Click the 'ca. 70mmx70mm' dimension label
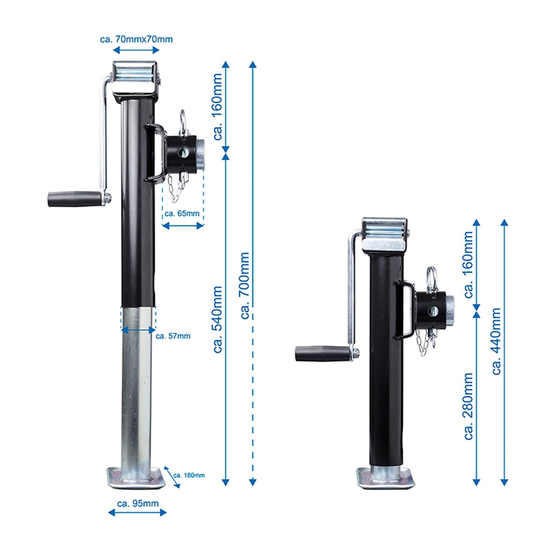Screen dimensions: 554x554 coord(136,39)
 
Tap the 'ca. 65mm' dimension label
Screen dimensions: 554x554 coord(182,214)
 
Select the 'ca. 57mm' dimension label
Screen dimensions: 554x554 coord(173,336)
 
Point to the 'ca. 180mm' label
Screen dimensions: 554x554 coord(189,475)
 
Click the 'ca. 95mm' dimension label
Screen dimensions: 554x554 coord(138,503)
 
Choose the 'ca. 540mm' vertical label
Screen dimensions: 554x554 coord(217,319)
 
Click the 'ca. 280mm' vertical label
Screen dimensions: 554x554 coord(468,406)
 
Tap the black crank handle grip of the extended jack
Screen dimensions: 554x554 coord(74,199)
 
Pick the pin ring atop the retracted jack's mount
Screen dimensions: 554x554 coord(432,275)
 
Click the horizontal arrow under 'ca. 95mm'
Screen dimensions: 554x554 coord(137,513)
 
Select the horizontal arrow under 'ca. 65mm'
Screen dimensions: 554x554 coord(182,226)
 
